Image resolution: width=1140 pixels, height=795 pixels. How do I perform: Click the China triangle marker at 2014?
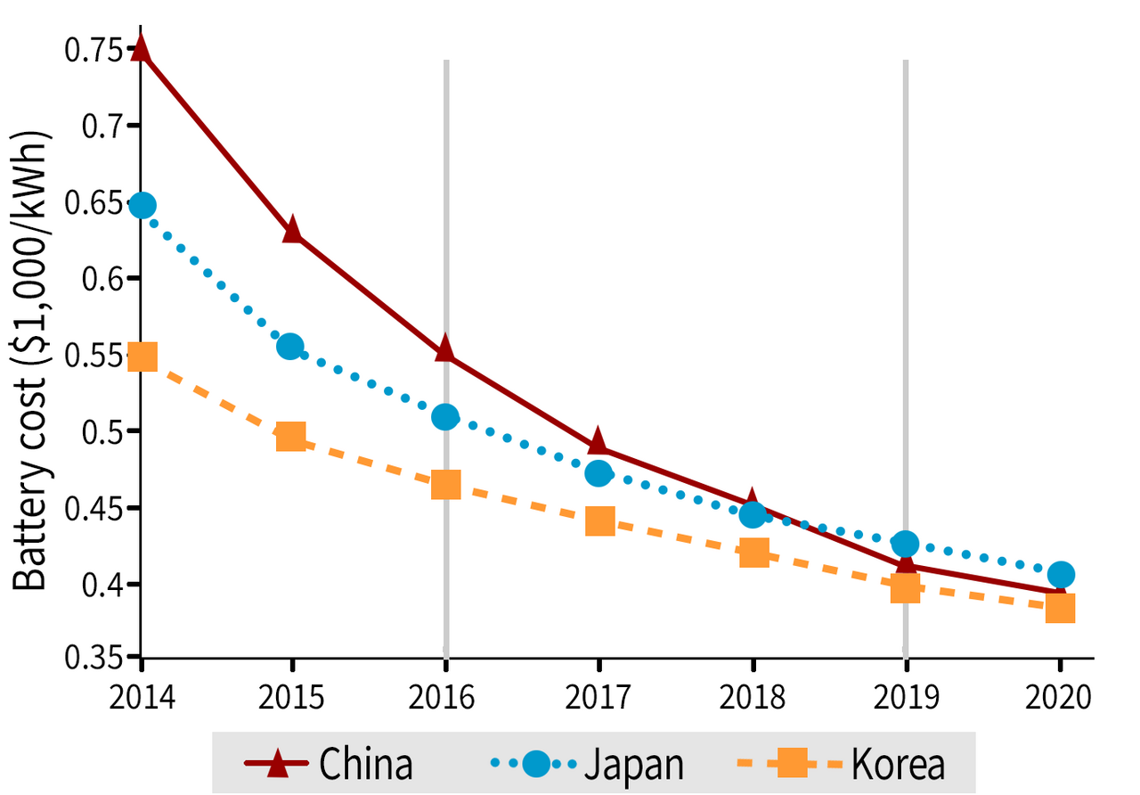pos(141,47)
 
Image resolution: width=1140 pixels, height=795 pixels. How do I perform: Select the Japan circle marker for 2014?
pos(142,206)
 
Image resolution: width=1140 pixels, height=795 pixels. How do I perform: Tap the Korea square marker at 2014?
pos(142,357)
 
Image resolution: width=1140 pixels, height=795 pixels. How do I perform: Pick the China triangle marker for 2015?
pos(292,230)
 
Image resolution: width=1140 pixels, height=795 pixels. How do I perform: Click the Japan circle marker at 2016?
pos(445,416)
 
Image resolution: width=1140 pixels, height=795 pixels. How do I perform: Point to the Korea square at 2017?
pos(599,521)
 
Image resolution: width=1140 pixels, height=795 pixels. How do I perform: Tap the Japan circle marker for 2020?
pos(1060,574)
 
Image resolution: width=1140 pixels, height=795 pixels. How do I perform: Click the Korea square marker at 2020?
pos(1060,609)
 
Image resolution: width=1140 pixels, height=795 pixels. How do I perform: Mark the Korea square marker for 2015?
pos(291,437)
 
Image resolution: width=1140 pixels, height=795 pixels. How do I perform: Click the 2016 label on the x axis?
pos(445,697)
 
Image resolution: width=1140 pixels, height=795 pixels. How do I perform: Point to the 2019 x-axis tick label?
pos(906,697)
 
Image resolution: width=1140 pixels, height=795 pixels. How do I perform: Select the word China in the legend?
pos(366,764)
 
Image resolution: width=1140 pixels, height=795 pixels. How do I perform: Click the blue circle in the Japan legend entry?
pos(535,764)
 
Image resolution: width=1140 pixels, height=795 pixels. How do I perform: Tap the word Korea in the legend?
pos(897,764)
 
